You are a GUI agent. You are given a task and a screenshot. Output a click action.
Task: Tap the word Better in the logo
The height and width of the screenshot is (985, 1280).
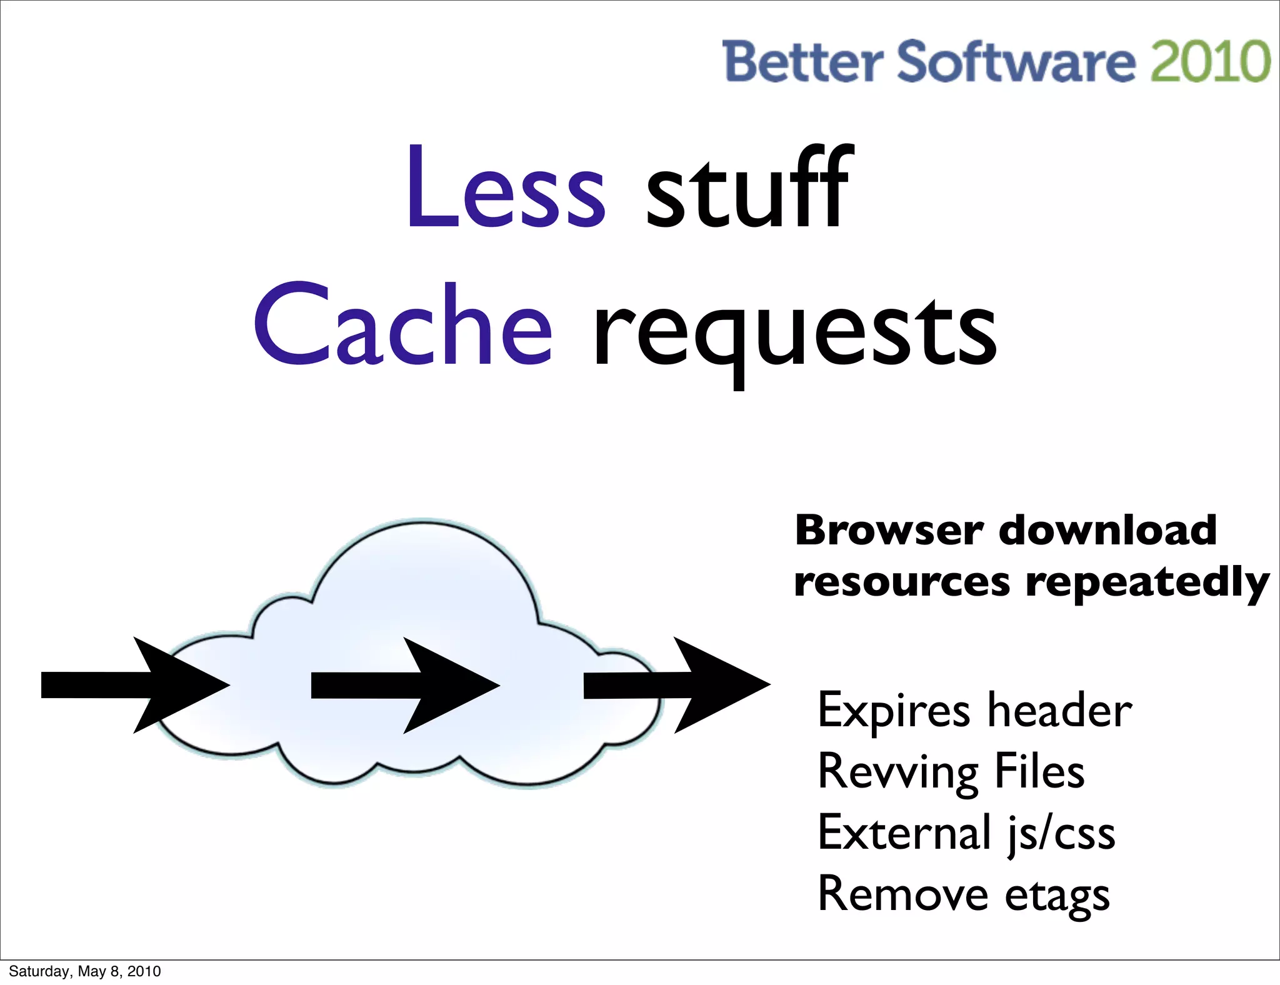[802, 61]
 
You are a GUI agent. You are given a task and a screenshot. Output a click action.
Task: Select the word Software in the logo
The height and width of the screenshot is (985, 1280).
[1016, 61]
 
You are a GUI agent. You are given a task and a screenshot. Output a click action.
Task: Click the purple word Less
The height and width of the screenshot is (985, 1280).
[505, 187]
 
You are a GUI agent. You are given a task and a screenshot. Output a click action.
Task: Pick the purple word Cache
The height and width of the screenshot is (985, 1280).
[402, 325]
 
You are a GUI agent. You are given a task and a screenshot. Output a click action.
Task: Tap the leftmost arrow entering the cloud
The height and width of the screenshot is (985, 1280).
[134, 685]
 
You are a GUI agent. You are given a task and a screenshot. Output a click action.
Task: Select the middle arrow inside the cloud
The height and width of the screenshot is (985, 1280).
[404, 685]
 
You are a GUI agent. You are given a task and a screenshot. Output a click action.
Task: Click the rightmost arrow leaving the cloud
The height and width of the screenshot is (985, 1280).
[676, 685]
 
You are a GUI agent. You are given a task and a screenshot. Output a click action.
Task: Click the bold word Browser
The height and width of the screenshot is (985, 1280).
[889, 531]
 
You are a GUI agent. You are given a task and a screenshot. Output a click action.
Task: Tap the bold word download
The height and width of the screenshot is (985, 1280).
[1107, 531]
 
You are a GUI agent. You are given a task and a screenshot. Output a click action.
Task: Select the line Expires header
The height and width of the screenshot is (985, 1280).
[974, 711]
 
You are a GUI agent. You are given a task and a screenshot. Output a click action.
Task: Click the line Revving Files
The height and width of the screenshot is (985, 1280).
[951, 772]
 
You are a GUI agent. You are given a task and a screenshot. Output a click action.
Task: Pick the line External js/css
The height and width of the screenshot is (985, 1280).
[966, 834]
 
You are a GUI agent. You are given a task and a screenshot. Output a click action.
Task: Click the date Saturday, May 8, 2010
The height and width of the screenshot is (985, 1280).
[85, 971]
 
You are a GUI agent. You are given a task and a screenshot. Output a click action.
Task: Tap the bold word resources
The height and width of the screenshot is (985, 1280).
[901, 582]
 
